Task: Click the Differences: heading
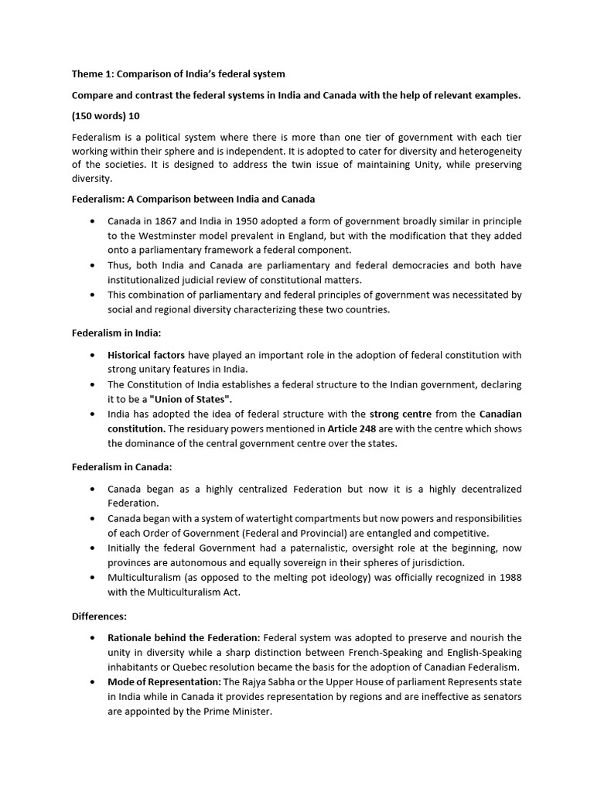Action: [100, 616]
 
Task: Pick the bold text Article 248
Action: [352, 428]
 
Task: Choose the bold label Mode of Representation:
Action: [164, 681]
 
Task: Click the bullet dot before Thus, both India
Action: [93, 265]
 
